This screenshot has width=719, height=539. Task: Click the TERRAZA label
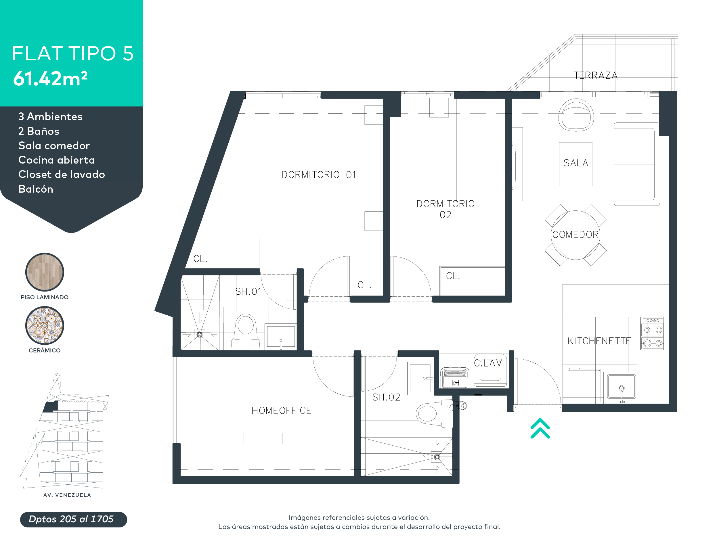[596, 75]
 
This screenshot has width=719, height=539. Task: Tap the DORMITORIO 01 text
[319, 175]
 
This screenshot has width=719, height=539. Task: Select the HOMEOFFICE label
[282, 411]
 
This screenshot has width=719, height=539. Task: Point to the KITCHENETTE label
[599, 341]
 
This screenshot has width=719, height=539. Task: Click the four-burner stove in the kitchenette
[652, 334]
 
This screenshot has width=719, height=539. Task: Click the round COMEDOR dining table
[575, 235]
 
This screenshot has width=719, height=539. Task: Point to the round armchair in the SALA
[576, 115]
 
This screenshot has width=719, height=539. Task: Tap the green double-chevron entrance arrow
[540, 429]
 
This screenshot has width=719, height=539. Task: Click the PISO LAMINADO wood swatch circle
[45, 272]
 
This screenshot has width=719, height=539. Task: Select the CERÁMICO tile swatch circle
[45, 325]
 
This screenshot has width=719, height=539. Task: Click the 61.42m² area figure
[50, 79]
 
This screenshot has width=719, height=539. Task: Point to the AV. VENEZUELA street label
[67, 495]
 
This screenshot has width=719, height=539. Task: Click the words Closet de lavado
[62, 174]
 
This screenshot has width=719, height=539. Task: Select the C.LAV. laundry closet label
[489, 363]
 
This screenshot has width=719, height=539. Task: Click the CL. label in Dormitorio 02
[453, 276]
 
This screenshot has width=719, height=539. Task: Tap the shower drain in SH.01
[200, 334]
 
